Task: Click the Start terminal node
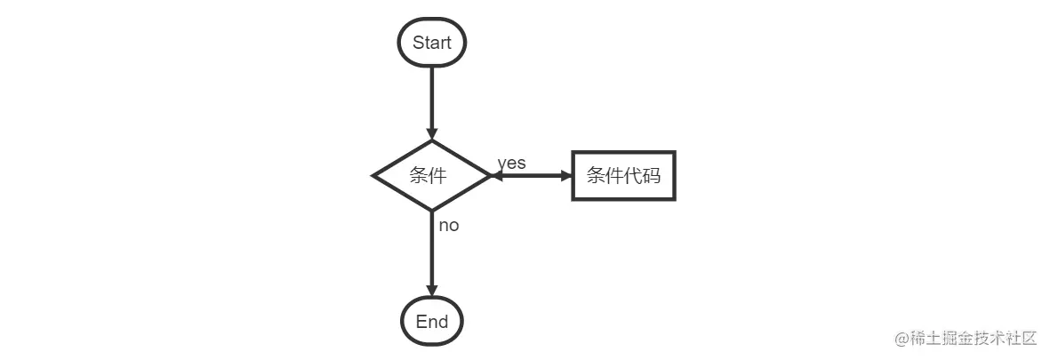click(432, 42)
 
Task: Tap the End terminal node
click(432, 321)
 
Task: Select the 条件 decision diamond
click(432, 175)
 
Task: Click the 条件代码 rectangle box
click(623, 175)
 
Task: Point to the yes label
click(511, 164)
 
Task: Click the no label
click(449, 226)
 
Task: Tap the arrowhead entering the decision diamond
click(432, 134)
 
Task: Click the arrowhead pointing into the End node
click(432, 291)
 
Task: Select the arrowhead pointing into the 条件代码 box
click(565, 175)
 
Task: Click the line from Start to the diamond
click(432, 100)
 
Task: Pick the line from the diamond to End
click(432, 253)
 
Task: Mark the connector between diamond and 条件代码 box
click(532, 175)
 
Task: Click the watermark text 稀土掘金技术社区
click(974, 338)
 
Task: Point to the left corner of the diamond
click(373, 175)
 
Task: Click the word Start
click(432, 42)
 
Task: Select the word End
click(432, 321)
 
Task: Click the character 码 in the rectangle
click(652, 175)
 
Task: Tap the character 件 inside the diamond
click(438, 175)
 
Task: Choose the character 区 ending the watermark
click(1029, 338)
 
